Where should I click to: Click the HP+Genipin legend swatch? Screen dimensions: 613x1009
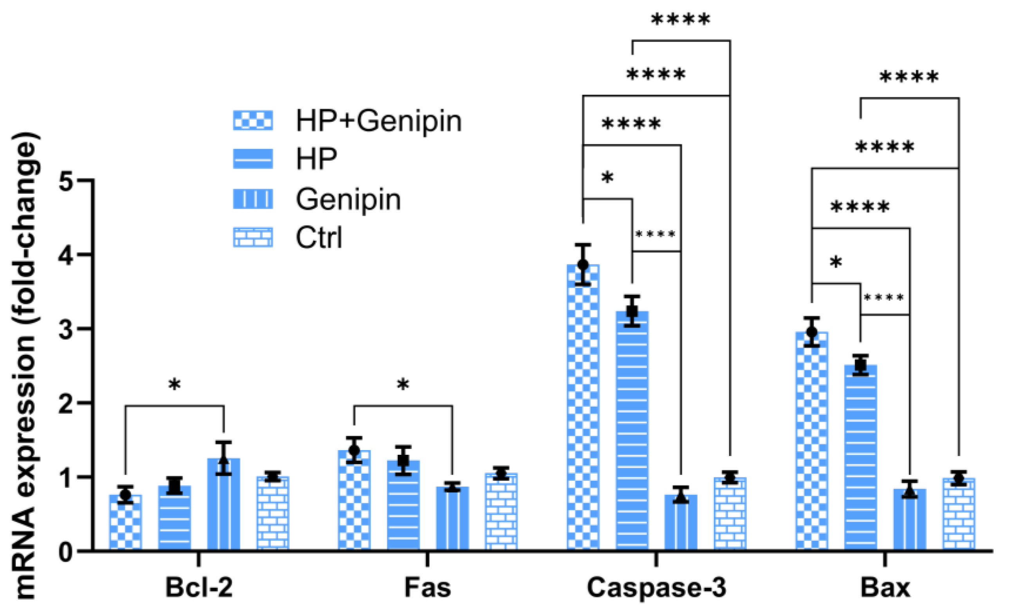coord(253,120)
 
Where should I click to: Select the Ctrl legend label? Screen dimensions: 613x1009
coord(319,238)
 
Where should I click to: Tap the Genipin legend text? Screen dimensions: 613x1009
coord(348,199)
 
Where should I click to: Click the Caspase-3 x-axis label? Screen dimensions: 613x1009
coord(656,588)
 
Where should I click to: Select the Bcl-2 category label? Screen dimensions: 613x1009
coord(199,588)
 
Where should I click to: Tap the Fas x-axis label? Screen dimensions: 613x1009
coord(427,588)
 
